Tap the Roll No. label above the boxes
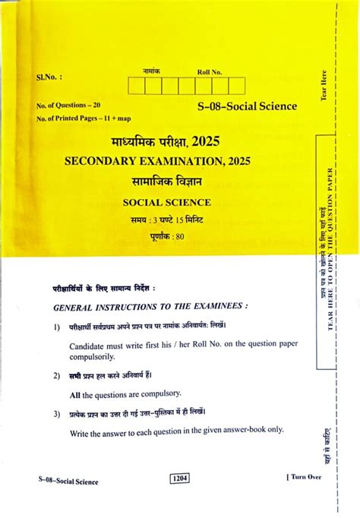click(x=209, y=72)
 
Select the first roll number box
click(x=137, y=86)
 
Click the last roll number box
click(x=238, y=86)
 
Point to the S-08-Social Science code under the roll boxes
click(x=247, y=108)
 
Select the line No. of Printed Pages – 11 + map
click(x=82, y=118)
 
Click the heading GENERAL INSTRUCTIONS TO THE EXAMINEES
click(x=150, y=307)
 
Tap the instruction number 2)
click(x=57, y=375)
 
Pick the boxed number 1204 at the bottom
click(x=180, y=479)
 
